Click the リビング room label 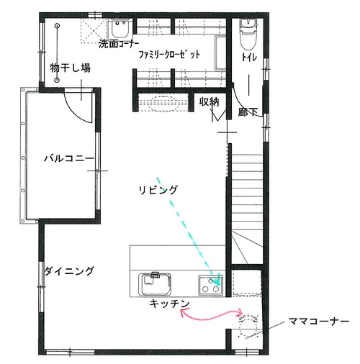[x=158, y=190]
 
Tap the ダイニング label [x=69, y=271]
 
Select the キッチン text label [x=169, y=304]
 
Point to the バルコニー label [x=69, y=158]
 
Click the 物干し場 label [x=70, y=68]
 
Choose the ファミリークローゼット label [x=169, y=55]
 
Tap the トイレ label [x=249, y=57]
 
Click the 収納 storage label [x=209, y=101]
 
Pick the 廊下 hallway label [x=248, y=112]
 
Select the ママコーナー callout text [x=319, y=321]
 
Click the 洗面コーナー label [x=119, y=44]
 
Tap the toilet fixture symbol [x=248, y=35]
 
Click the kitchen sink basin [x=155, y=284]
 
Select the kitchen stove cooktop [x=211, y=286]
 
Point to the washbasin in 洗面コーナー [x=120, y=29]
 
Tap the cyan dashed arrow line [x=188, y=231]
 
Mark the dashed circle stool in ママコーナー [x=248, y=327]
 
